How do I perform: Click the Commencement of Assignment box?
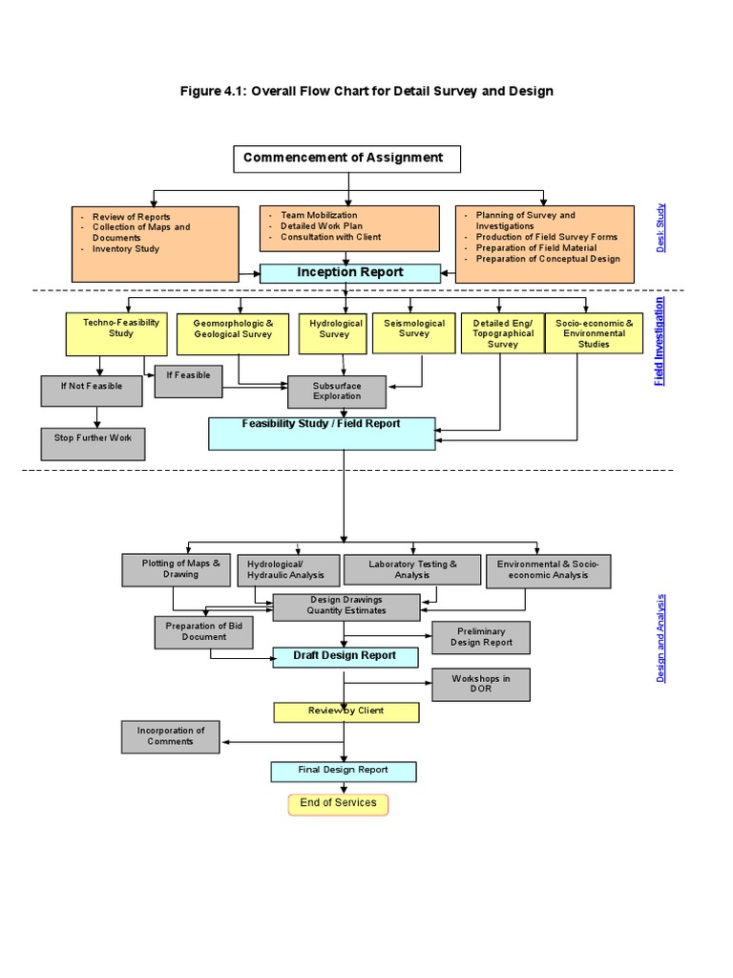click(346, 159)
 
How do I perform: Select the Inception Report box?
click(350, 273)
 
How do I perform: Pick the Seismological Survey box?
click(414, 333)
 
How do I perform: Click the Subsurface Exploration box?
click(337, 392)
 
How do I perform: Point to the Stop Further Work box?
click(93, 443)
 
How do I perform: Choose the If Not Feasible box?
click(92, 391)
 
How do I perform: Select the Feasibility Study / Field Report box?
click(323, 433)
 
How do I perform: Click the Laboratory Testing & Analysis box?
click(412, 570)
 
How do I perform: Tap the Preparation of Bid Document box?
click(203, 632)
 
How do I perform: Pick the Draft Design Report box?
click(345, 657)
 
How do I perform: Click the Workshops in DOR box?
click(480, 684)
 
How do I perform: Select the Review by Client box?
click(346, 712)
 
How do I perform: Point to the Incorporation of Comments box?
click(171, 736)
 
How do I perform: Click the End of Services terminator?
click(338, 803)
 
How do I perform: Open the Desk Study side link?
click(660, 228)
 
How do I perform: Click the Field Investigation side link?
click(660, 341)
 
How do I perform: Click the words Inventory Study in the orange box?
click(126, 249)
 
